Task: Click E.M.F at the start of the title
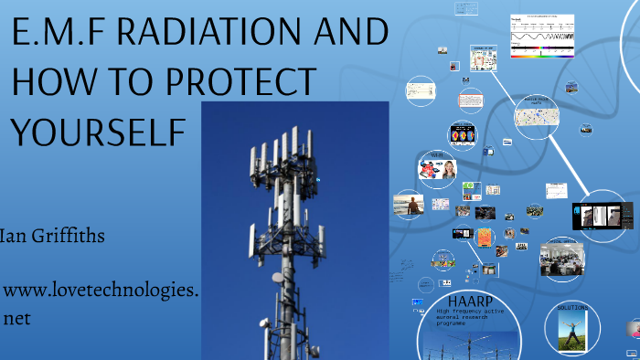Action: click(x=58, y=36)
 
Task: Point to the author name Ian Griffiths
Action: click(x=53, y=237)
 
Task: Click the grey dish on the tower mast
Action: click(x=276, y=276)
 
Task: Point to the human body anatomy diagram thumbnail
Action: click(x=482, y=60)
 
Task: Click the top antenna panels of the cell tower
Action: click(x=285, y=146)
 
